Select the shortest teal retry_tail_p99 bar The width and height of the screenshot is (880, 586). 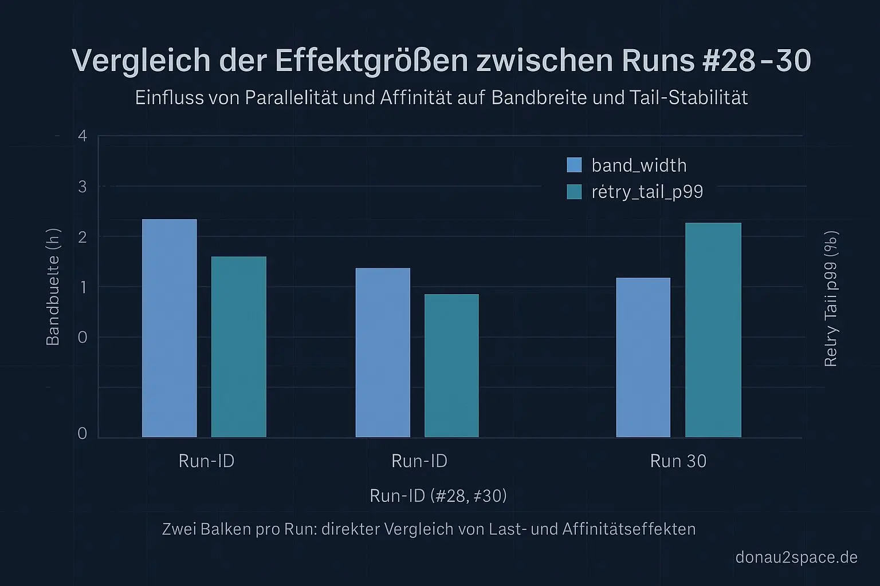tap(451, 366)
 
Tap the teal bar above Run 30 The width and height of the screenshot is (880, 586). tap(713, 330)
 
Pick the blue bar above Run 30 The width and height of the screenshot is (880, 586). tap(643, 357)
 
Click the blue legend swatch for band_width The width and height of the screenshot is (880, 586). tap(574, 165)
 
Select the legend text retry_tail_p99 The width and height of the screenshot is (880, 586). tap(647, 192)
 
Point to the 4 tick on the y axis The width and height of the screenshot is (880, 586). tap(82, 136)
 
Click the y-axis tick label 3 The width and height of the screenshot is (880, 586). tap(82, 187)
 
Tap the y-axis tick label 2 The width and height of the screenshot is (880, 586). tap(82, 237)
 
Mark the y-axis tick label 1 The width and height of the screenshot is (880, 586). tap(82, 287)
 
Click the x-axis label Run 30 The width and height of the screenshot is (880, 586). tap(678, 461)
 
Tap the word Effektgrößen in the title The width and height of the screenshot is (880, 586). tap(371, 61)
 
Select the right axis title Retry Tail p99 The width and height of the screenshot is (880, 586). tap(831, 299)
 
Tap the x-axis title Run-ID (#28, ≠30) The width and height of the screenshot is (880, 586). tap(438, 496)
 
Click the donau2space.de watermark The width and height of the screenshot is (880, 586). tap(796, 557)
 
